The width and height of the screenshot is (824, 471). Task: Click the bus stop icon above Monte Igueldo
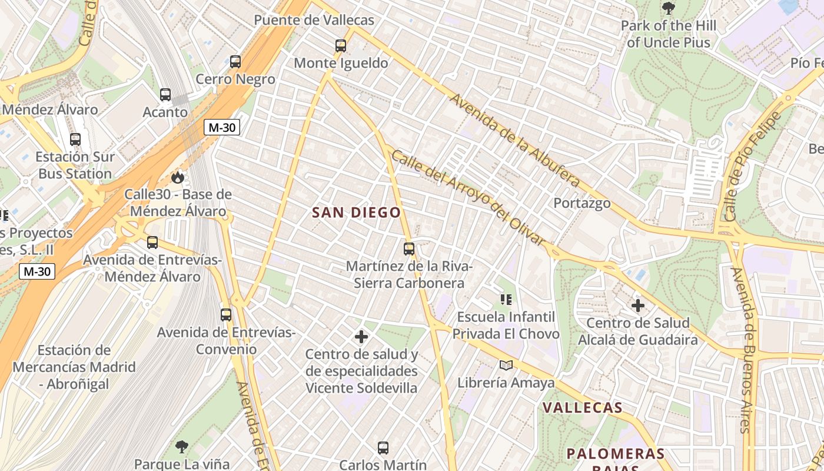click(340, 46)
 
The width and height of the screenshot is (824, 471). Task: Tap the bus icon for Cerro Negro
click(235, 61)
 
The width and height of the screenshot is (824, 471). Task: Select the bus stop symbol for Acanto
click(165, 94)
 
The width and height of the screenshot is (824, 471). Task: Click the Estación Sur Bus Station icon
click(75, 140)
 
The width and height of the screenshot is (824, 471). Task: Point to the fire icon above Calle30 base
click(177, 177)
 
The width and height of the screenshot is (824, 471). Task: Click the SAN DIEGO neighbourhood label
click(357, 213)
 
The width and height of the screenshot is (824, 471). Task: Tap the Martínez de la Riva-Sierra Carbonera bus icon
click(409, 249)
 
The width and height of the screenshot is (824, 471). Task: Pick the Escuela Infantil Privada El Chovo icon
click(506, 300)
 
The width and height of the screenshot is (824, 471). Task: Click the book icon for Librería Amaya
click(506, 366)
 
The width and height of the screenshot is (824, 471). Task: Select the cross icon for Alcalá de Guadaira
click(637, 306)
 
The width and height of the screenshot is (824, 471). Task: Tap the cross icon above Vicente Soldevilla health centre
click(361, 337)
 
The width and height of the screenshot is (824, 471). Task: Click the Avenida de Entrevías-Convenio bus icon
click(226, 315)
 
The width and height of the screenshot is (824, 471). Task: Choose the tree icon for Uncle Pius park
click(668, 8)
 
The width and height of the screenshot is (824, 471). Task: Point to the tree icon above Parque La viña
click(181, 447)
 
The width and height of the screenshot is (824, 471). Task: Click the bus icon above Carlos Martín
click(383, 448)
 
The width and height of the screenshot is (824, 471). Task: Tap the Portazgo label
click(582, 203)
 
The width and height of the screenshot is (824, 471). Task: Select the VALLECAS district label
click(582, 407)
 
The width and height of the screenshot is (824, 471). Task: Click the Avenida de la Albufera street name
click(514, 140)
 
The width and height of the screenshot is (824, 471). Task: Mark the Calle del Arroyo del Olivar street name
click(469, 198)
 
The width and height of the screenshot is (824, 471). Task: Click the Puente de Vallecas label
click(314, 20)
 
